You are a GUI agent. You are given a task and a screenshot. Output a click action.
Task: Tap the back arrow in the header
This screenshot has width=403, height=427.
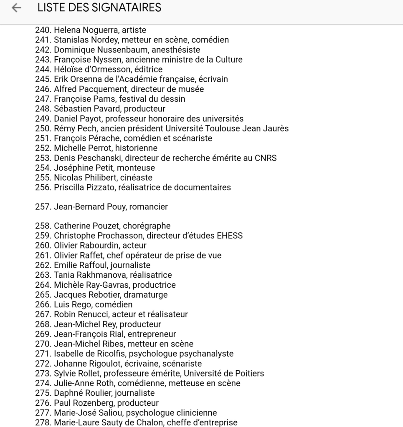(x=16, y=8)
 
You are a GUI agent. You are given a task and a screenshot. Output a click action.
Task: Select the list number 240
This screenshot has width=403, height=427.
(x=43, y=30)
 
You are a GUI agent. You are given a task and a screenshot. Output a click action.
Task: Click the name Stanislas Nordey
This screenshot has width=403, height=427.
(x=86, y=40)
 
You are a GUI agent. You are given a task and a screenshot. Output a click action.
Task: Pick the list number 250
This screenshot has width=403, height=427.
(x=43, y=128)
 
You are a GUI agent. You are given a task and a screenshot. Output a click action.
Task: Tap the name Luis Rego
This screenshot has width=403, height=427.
(x=72, y=305)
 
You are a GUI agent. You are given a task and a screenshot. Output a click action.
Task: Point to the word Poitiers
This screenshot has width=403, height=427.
(x=249, y=374)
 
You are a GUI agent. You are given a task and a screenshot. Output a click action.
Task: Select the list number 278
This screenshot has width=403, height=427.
(x=43, y=422)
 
